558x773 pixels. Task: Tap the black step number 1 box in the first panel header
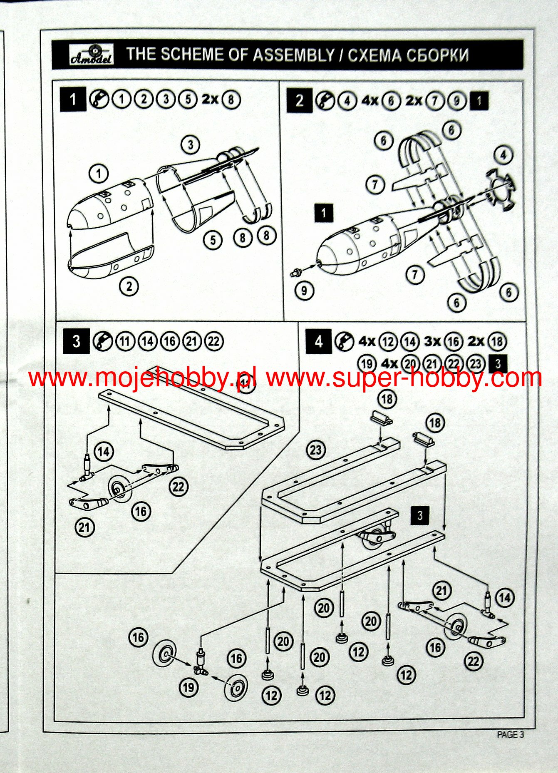pos(73,99)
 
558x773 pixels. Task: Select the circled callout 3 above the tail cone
pos(191,144)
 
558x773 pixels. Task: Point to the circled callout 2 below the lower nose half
pos(129,286)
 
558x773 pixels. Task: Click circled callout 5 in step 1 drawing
pos(213,240)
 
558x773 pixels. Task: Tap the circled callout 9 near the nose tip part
pos(304,290)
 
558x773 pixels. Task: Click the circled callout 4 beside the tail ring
pos(503,155)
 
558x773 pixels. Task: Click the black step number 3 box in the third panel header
pos(76,341)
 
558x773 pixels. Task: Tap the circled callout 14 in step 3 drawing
pos(104,451)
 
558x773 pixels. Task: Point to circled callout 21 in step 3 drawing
pos(84,527)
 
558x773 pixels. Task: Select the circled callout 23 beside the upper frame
pos(316,450)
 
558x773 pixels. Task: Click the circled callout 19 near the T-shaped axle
pos(188,687)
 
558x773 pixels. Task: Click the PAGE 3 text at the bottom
pos(510,735)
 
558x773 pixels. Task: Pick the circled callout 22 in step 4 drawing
pos(474,661)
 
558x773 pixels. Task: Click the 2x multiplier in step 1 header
pos(210,99)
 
